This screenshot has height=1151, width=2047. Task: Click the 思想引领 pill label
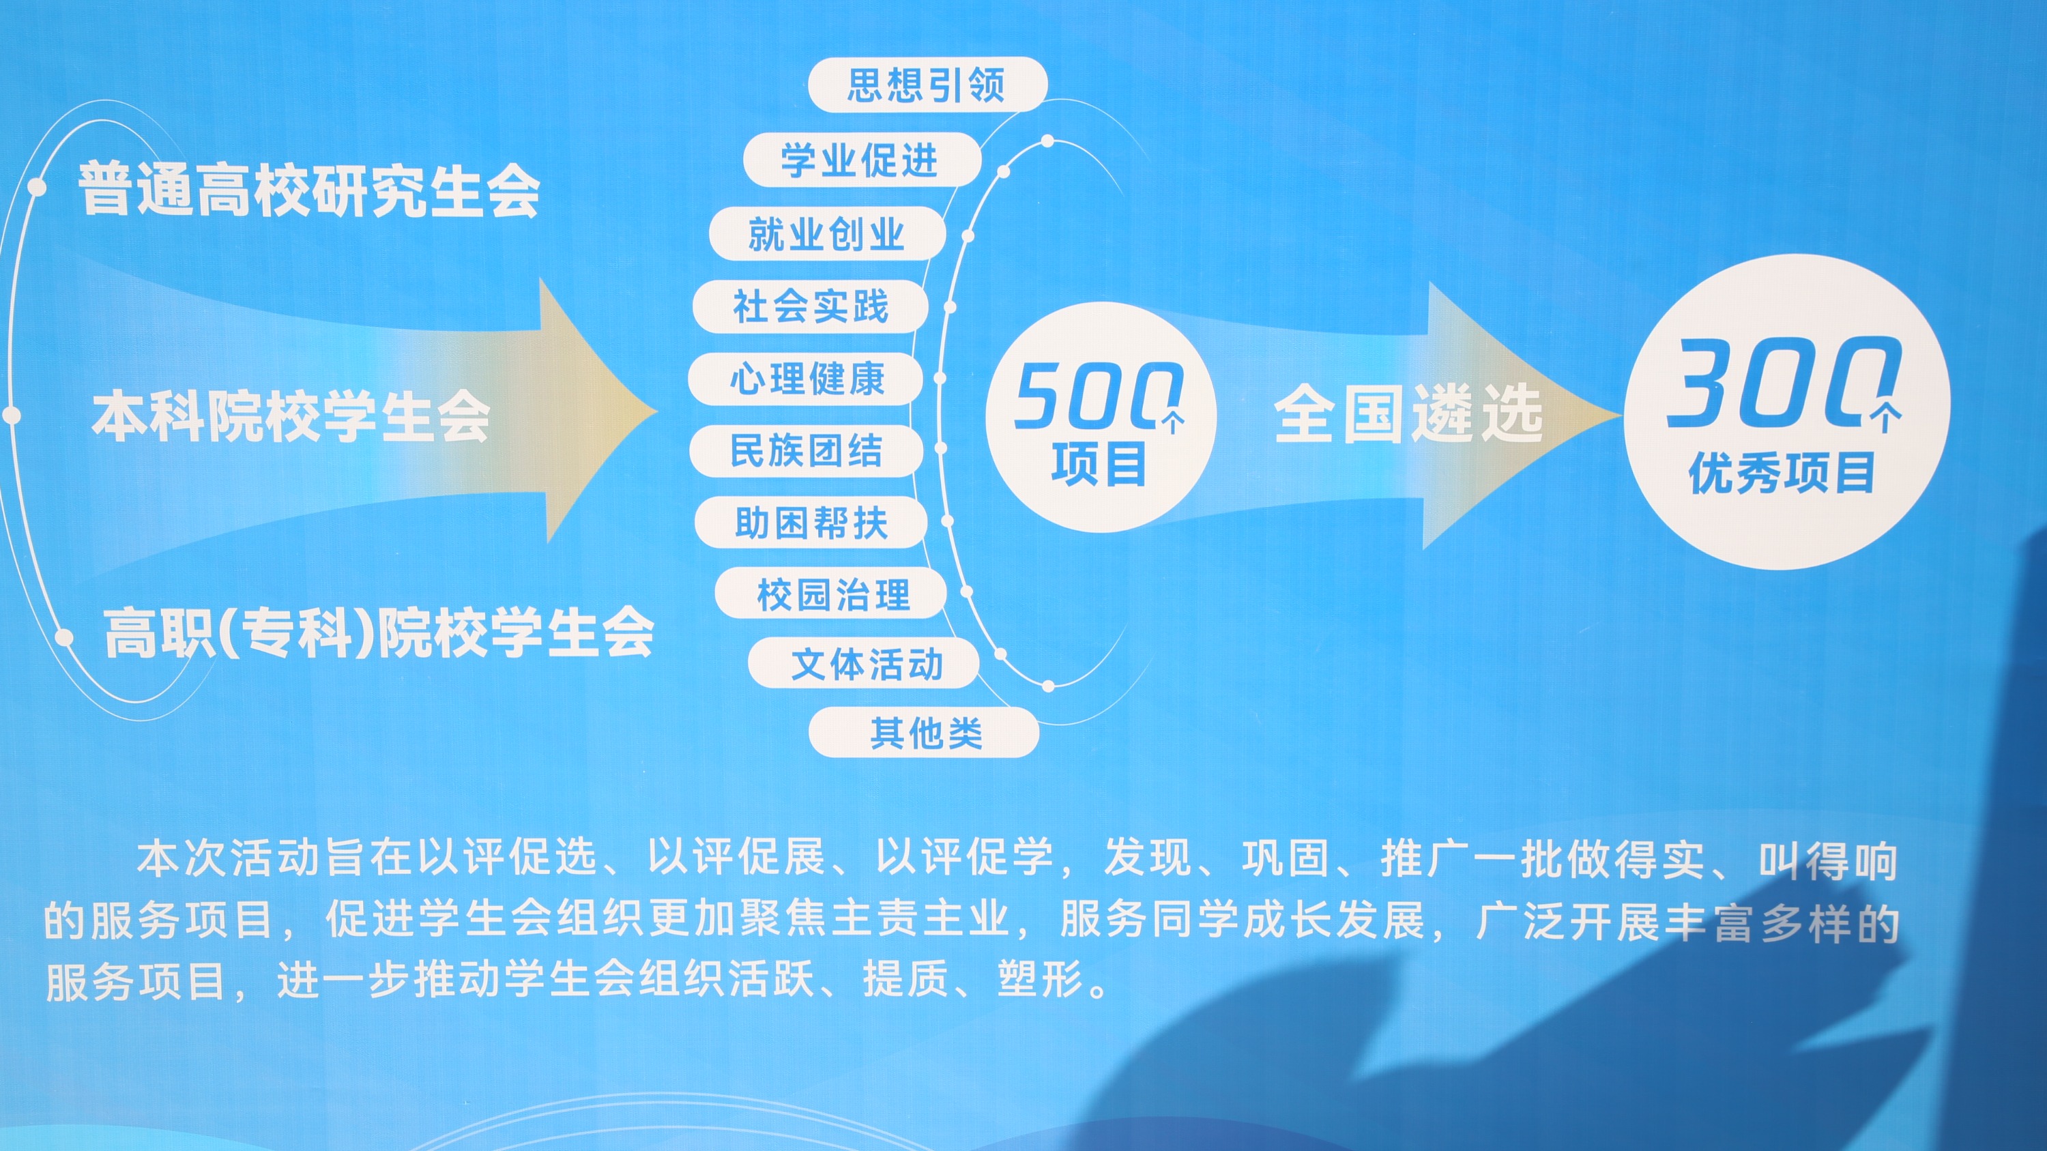pos(927,84)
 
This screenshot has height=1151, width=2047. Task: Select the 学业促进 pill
pos(862,160)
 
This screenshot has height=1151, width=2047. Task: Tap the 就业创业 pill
pos(827,233)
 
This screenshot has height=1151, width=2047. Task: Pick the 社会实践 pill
pos(811,306)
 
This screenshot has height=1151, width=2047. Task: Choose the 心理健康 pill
pos(806,378)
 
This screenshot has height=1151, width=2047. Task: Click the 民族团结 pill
pos(806,450)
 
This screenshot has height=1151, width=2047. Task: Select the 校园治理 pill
pos(831,593)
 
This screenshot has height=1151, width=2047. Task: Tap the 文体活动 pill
pos(865,662)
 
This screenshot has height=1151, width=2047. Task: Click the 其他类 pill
pos(924,731)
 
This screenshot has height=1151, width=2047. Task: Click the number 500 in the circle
pos(1097,396)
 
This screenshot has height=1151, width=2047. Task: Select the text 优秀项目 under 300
pos(1782,473)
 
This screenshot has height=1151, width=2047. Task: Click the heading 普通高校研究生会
pos(309,190)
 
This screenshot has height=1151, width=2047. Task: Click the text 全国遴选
pos(1409,413)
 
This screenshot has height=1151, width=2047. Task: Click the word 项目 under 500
pos(1099,464)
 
